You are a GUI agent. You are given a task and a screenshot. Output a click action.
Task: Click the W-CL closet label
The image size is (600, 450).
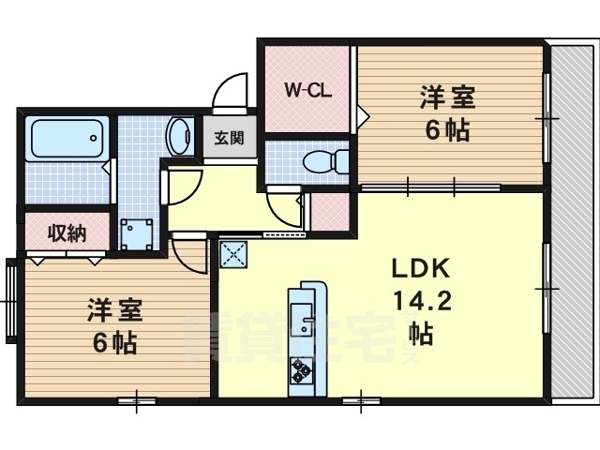click(x=305, y=91)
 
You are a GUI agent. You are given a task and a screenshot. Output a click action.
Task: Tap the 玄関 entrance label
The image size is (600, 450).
click(x=229, y=139)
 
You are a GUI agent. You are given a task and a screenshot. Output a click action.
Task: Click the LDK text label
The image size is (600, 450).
click(x=421, y=269)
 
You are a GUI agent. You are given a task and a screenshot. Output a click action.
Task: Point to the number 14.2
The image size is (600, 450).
click(x=421, y=301)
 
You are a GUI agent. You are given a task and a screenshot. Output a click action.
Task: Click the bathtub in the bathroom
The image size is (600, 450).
click(x=67, y=138)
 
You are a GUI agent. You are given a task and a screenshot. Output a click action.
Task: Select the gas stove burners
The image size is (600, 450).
click(x=302, y=370)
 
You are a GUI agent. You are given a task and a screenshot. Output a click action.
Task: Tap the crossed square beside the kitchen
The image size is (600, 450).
click(x=232, y=252)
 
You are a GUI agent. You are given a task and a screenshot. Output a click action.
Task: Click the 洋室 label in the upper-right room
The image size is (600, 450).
click(x=446, y=97)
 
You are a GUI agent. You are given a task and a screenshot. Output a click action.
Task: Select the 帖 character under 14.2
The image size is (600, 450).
click(x=421, y=333)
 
